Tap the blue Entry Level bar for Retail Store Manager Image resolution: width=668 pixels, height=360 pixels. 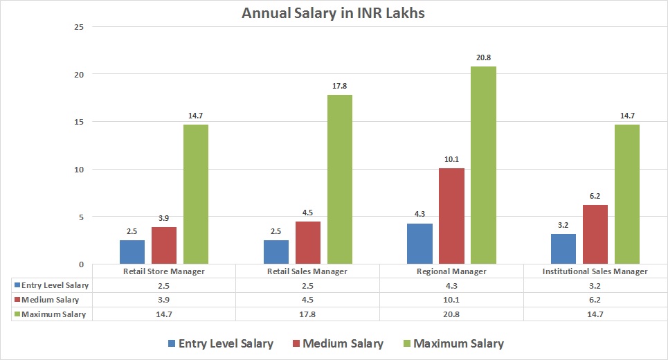coord(132,252)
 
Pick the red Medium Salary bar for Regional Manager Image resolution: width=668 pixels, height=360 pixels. coord(452,215)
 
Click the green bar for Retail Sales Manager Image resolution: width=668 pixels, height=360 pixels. coord(340,179)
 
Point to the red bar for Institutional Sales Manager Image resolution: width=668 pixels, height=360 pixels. coord(596,234)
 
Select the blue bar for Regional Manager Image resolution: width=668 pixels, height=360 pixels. coord(420,244)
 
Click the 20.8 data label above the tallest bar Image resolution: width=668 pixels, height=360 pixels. coord(484,58)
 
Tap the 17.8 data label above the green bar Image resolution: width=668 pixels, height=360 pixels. coord(340,87)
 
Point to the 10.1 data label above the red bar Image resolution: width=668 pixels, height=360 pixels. coord(452,160)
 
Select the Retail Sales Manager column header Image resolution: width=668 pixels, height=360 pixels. coord(307,271)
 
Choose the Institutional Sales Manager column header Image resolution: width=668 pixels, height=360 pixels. coord(595,271)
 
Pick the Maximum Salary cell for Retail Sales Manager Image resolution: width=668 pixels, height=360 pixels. coord(307,314)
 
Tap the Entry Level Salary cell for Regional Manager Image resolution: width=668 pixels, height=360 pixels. coord(451,285)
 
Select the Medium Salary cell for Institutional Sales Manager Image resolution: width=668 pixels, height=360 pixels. coord(595,300)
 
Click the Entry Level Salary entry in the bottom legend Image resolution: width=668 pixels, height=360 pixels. coord(219,343)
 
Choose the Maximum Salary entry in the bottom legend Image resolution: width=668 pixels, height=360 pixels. coord(451,343)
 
